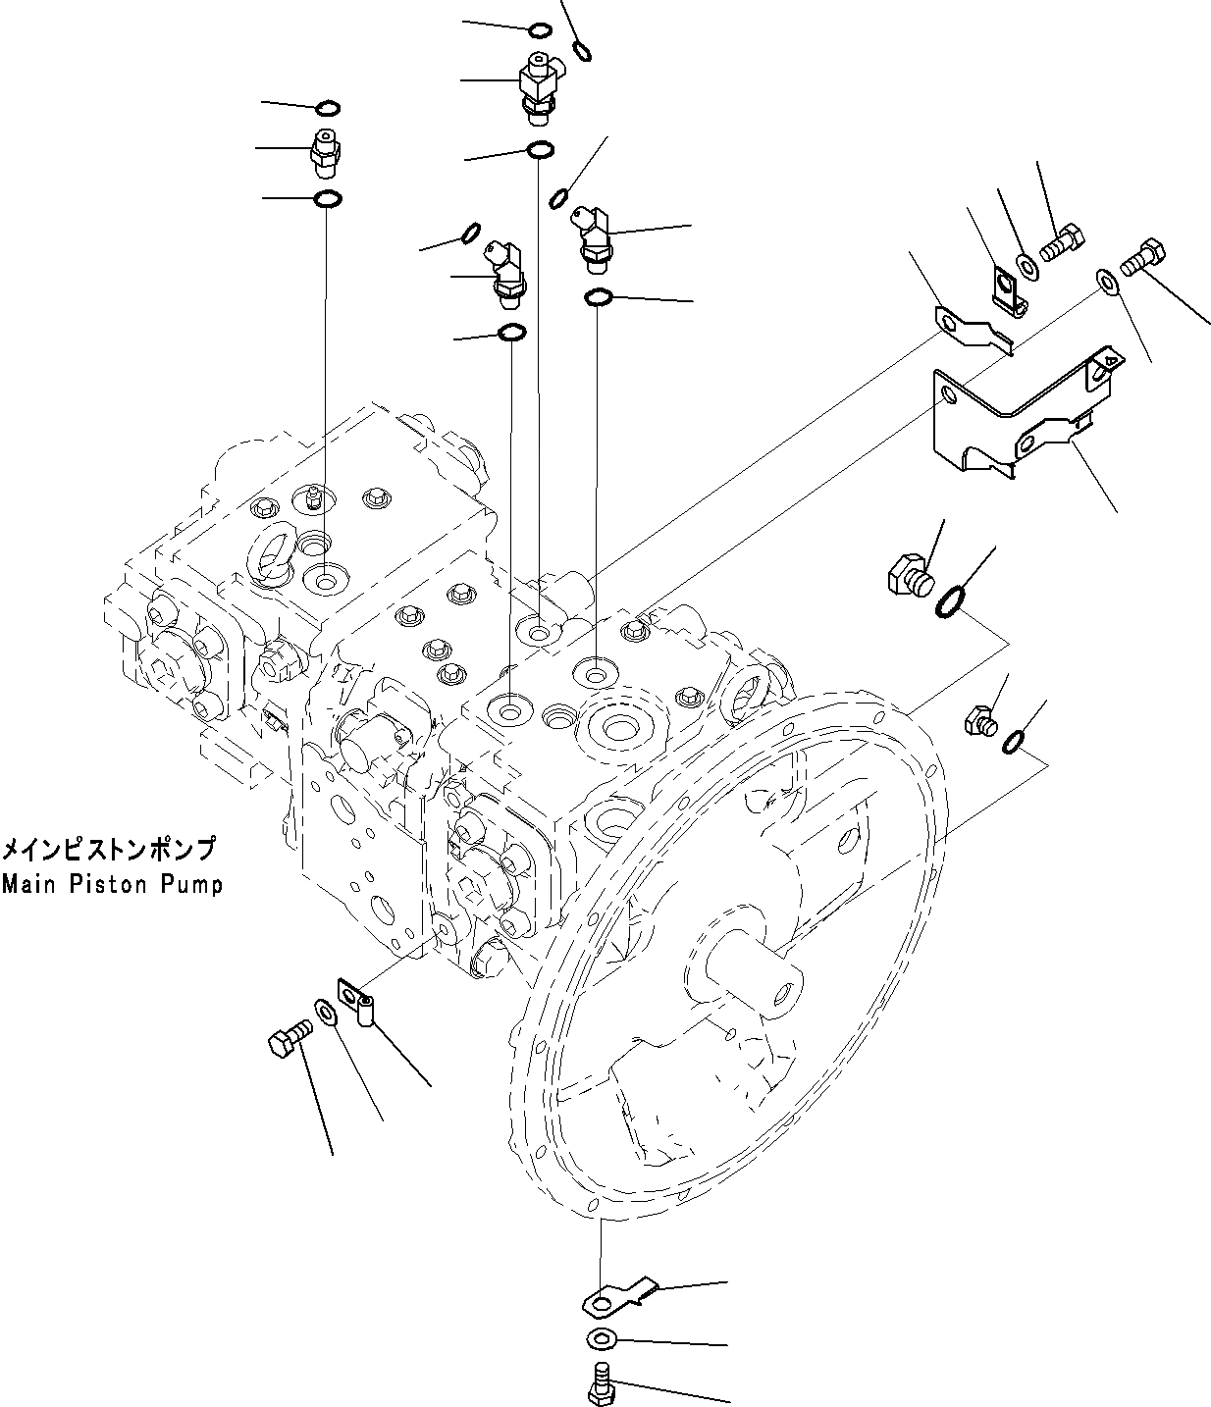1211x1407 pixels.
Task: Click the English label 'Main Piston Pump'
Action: pos(112,884)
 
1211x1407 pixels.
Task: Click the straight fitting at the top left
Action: pos(325,149)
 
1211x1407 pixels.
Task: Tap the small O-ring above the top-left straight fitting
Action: pos(329,107)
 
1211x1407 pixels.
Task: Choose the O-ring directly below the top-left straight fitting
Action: pos(327,200)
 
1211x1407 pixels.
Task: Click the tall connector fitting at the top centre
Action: pos(539,86)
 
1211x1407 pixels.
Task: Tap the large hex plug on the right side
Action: pos(908,574)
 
